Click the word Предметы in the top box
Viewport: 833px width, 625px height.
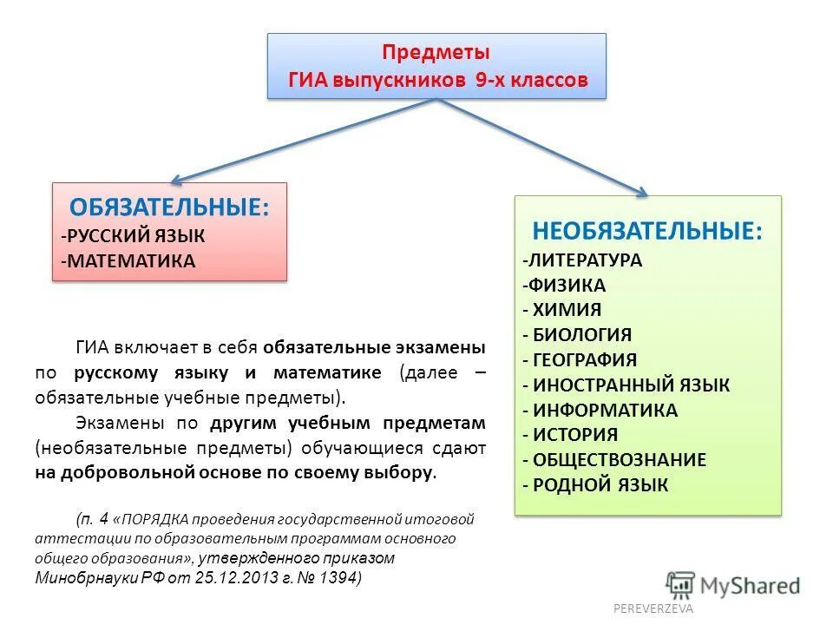pos(436,53)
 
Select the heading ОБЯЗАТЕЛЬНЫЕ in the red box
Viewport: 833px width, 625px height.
pos(169,207)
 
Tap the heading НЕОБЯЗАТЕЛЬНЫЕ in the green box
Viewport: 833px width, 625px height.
pos(647,232)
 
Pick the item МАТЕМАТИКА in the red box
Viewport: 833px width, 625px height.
pos(129,260)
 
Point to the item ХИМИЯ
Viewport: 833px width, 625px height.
pos(567,310)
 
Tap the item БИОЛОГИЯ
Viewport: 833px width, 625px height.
pos(581,335)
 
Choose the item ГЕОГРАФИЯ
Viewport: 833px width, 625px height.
pos(585,360)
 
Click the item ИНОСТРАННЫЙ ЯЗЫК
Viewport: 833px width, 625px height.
pos(631,385)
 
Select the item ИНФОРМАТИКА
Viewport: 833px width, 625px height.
pos(605,410)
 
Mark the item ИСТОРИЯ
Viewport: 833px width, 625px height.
pos(575,435)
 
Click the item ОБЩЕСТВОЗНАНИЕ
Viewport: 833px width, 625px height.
pos(620,460)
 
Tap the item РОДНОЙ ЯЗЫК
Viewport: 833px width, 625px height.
pos(600,485)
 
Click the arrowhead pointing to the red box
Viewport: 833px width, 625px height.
pos(176,179)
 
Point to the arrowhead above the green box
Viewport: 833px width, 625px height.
pos(641,190)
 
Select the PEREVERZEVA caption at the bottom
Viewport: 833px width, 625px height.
pos(653,609)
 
